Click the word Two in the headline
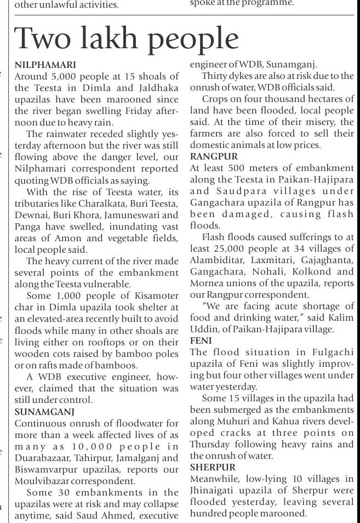(41, 38)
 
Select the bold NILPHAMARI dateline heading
(45, 65)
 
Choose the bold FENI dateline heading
(202, 340)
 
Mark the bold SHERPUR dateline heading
(213, 467)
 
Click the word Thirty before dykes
(215, 76)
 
